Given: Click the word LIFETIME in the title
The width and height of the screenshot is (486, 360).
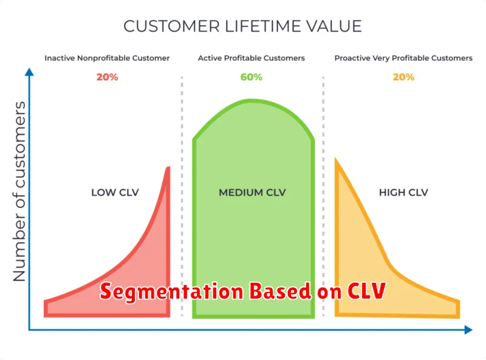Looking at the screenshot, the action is [262, 26].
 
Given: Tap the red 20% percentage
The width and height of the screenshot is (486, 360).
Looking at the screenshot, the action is [108, 77].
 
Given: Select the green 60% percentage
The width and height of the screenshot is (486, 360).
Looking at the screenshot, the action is [252, 77].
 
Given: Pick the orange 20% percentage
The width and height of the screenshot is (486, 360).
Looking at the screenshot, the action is [403, 77].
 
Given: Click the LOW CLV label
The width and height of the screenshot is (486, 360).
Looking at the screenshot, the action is [115, 192].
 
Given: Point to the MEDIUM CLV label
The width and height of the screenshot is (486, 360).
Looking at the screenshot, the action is [252, 192].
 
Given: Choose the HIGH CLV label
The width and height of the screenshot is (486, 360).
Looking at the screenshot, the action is [403, 192].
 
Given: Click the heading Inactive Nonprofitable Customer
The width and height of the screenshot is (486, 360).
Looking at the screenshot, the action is [107, 58].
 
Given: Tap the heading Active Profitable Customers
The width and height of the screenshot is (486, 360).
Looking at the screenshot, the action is [252, 58].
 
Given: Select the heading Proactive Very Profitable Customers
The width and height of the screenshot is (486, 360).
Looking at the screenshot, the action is [403, 58].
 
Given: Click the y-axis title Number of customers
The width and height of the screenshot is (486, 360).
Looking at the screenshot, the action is [19, 192].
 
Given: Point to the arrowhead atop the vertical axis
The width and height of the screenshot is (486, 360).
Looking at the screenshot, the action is [29, 72].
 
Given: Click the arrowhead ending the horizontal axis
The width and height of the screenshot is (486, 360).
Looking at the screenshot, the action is [468, 330].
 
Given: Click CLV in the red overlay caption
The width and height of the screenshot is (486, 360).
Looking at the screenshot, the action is [367, 291].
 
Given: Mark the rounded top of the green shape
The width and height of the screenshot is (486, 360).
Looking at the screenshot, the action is [253, 101].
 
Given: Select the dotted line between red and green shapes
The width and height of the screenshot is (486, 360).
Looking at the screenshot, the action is [182, 196].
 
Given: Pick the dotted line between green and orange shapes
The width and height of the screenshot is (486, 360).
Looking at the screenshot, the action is [323, 196].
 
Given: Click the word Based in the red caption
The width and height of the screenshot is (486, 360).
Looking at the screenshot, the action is [280, 291].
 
